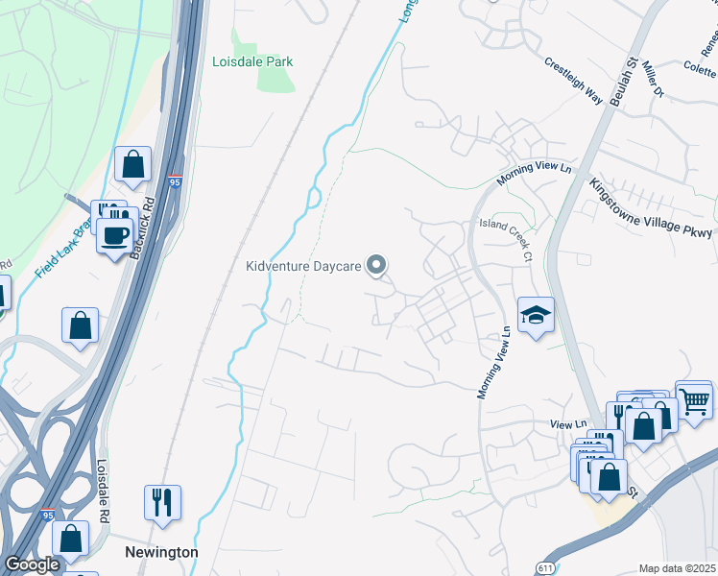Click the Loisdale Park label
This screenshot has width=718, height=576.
coord(252,61)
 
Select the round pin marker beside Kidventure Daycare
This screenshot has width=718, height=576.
coord(377,265)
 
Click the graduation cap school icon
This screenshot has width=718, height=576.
coord(535,315)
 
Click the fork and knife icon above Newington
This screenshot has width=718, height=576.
coord(161,501)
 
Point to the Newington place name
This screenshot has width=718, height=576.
coord(161,553)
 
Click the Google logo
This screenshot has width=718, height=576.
coord(33,564)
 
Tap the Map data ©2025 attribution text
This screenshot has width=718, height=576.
coord(677,568)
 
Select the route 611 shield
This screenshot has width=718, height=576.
coord(546,565)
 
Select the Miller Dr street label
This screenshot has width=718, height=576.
coord(653,79)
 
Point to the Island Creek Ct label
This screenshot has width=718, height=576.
coord(506,239)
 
